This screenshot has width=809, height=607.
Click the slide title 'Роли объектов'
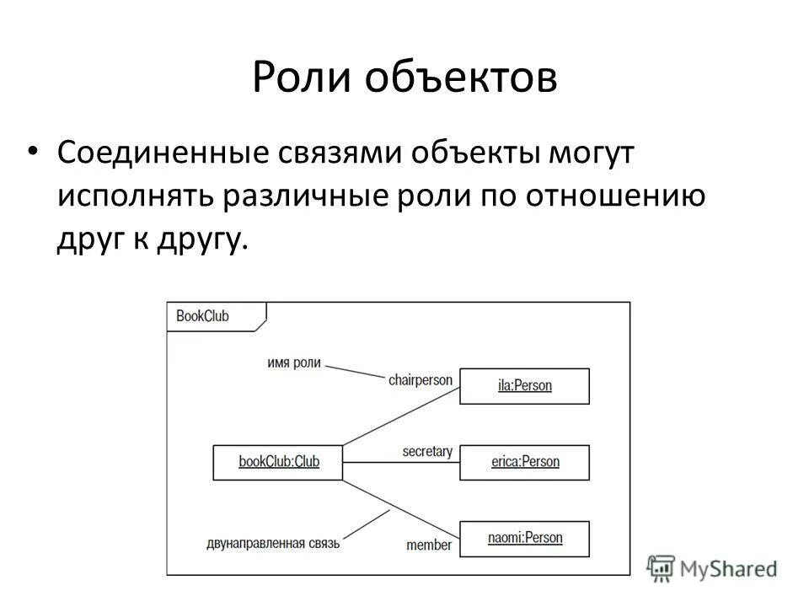pyautogui.click(x=404, y=78)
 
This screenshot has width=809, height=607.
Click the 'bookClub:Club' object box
pyautogui.click(x=278, y=462)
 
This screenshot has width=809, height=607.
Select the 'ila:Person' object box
pyautogui.click(x=523, y=386)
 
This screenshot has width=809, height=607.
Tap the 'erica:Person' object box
pyautogui.click(x=524, y=462)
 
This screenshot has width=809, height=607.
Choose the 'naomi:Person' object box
pyautogui.click(x=524, y=538)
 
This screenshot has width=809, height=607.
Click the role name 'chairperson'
pyautogui.click(x=420, y=379)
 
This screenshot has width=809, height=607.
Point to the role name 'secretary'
pyautogui.click(x=427, y=452)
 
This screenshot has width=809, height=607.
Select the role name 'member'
pyautogui.click(x=429, y=545)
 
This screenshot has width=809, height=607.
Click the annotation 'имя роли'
pyautogui.click(x=294, y=363)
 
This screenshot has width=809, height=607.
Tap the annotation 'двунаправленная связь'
pyautogui.click(x=272, y=543)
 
